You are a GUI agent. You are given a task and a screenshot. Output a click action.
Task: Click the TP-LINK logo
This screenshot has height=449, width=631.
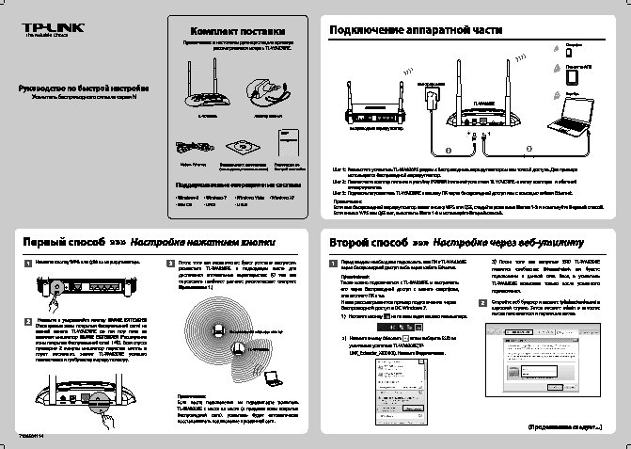click(46, 37)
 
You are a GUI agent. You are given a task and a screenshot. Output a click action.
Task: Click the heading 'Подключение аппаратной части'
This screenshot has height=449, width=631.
click(410, 31)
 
